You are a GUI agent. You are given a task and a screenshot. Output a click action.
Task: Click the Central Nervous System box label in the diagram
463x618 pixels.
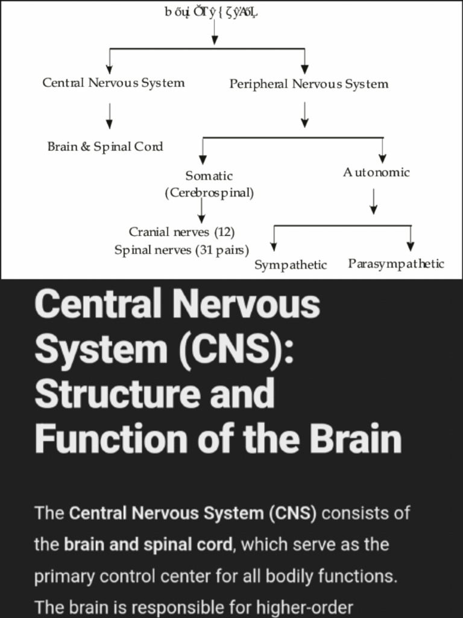tap(113, 83)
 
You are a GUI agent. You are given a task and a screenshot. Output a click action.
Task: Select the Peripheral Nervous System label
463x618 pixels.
tap(309, 84)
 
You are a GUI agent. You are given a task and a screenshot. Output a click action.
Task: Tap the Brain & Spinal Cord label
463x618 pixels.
tap(106, 147)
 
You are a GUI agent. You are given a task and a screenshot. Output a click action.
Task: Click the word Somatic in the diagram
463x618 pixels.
tap(209, 176)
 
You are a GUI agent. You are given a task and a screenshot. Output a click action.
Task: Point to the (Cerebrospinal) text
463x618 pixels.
tap(209, 193)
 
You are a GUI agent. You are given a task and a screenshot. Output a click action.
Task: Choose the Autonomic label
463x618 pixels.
tap(376, 173)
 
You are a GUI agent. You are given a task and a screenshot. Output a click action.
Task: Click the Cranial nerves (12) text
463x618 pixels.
tap(181, 232)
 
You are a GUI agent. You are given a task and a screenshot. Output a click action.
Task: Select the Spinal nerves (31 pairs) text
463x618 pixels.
tap(181, 250)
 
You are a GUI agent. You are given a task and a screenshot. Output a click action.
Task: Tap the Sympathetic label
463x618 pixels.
tap(291, 265)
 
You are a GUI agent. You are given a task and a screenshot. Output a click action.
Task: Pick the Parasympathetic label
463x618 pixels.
tap(396, 264)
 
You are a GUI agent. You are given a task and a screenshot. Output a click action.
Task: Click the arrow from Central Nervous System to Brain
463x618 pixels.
tap(109, 115)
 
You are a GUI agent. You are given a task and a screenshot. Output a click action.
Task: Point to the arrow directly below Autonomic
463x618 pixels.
tap(374, 202)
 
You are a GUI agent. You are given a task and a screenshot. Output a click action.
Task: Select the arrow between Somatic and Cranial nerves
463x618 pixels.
tap(201, 211)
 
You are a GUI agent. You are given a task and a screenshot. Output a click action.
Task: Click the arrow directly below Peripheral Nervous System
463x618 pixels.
tap(304, 115)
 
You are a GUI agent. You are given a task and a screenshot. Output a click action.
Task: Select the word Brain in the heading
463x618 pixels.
tap(359, 439)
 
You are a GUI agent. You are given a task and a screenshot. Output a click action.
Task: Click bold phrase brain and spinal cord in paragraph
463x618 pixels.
tap(148, 544)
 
